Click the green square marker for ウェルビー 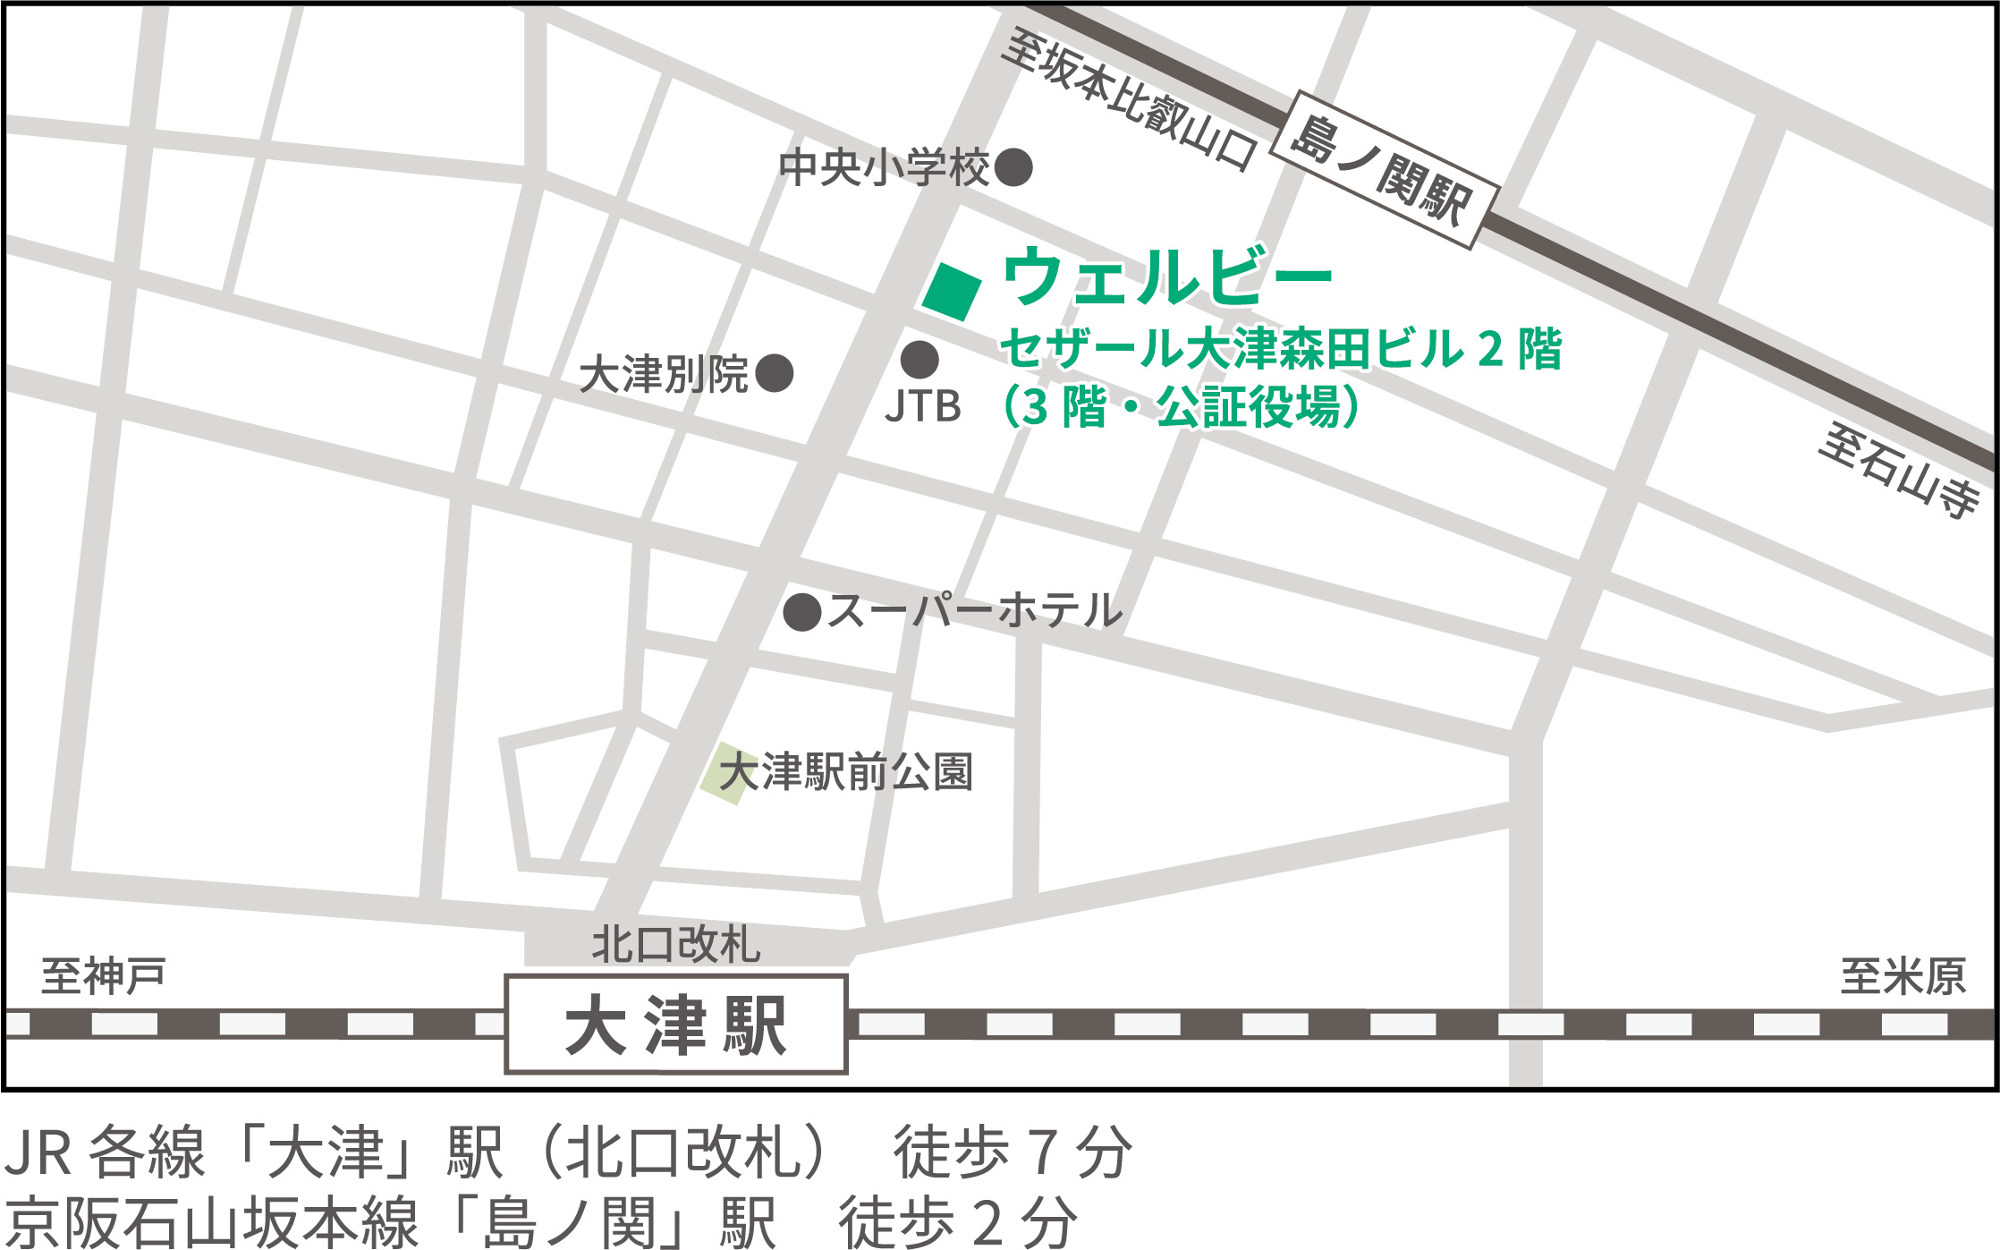pos(952,292)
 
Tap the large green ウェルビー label pos(1167,277)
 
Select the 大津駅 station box pos(675,1025)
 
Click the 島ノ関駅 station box pos(1384,170)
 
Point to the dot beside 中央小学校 pos(1013,167)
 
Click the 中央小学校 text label pos(884,167)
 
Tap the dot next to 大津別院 pos(775,373)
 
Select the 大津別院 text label pos(664,374)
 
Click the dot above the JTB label pos(919,360)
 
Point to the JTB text pos(923,407)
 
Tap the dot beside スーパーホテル pos(802,613)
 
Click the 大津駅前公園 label pos(845,772)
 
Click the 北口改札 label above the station pos(675,945)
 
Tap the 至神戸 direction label pos(104,976)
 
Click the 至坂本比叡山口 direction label pos(1129,100)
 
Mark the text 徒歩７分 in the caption pos(1013,1152)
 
